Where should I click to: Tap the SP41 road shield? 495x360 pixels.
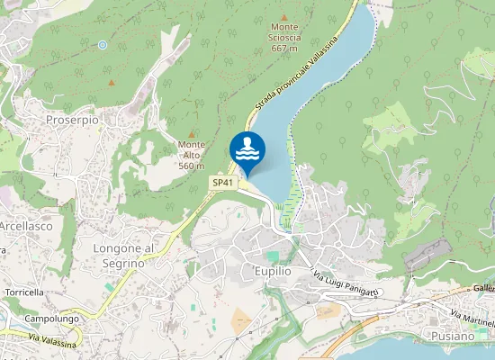tap(223, 183)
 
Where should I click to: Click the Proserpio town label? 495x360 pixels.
tap(72, 119)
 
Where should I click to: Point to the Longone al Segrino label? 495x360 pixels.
tap(125, 255)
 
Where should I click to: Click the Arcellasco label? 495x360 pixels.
tap(25, 226)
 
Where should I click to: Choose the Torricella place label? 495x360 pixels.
tap(24, 292)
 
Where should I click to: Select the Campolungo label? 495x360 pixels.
tap(51, 318)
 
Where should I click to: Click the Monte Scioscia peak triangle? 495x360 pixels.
tap(284, 17)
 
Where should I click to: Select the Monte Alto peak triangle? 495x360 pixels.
tap(191, 133)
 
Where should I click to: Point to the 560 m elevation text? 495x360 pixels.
tap(191, 166)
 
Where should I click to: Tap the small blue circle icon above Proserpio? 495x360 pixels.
tap(103, 44)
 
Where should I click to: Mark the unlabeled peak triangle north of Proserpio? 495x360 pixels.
tap(112, 83)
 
